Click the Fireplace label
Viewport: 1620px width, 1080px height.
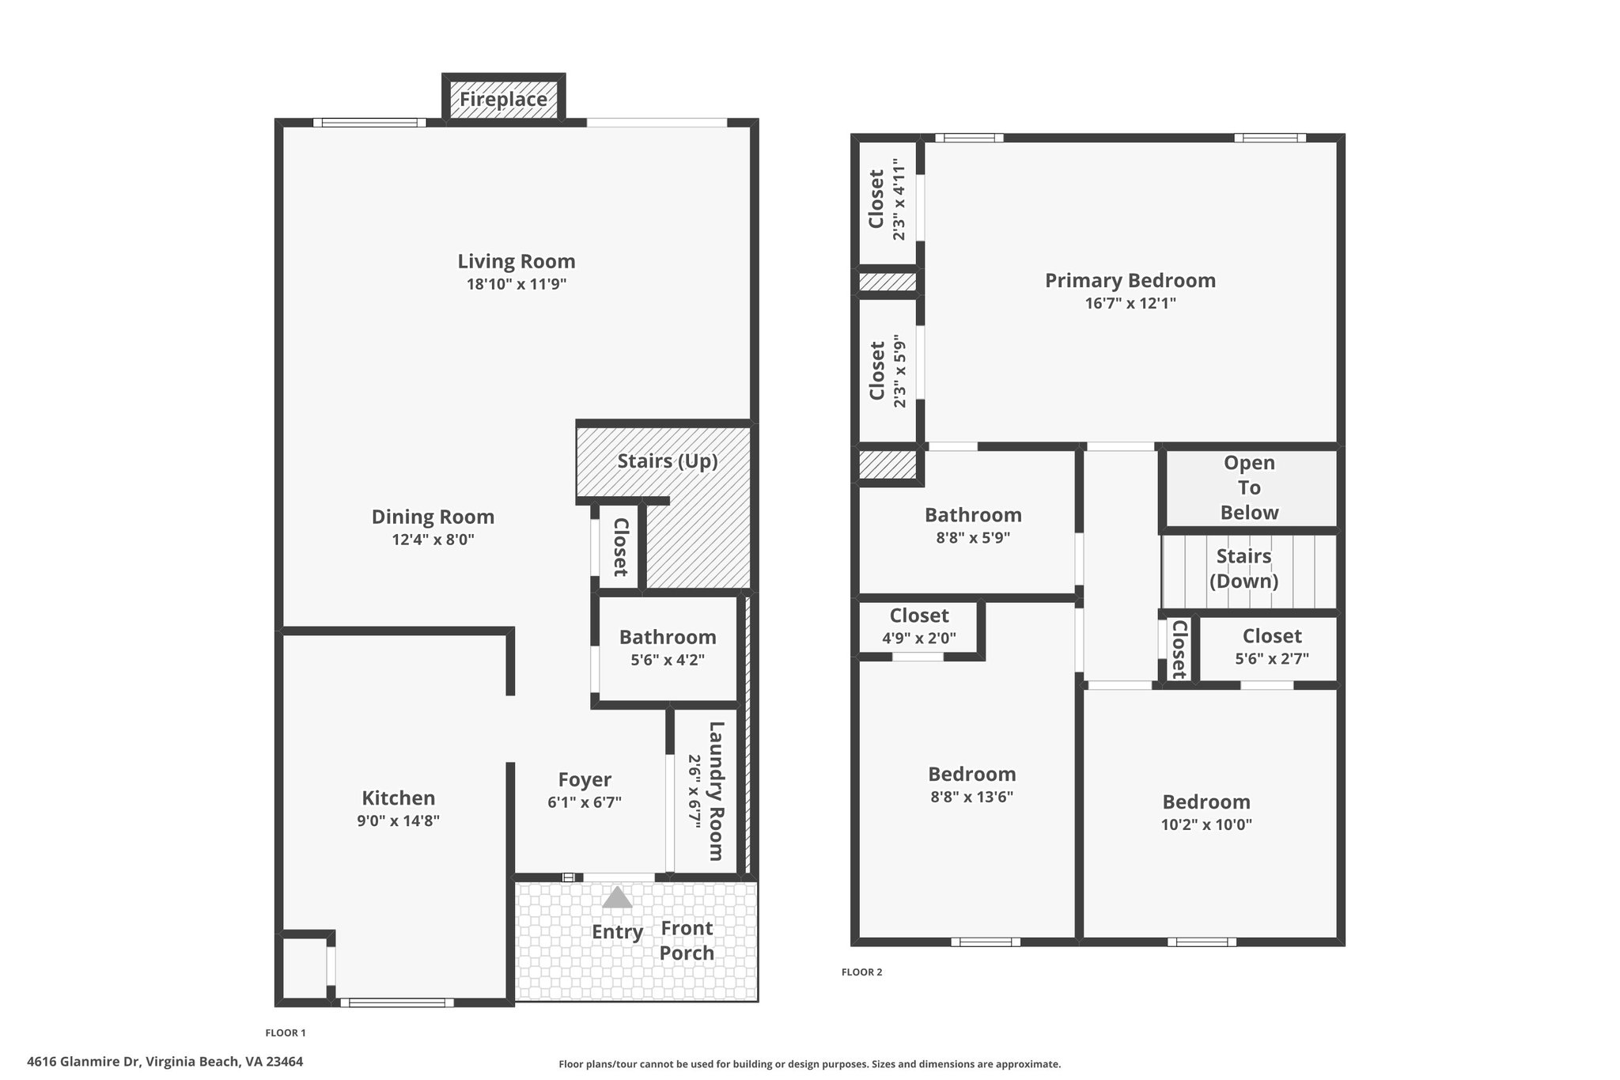pyautogui.click(x=503, y=100)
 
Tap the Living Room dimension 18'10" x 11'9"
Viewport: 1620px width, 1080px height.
pyautogui.click(x=517, y=284)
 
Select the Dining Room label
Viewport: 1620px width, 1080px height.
pyautogui.click(x=433, y=517)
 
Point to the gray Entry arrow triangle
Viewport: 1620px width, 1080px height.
pyautogui.click(x=617, y=896)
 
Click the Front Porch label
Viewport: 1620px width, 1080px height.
pyautogui.click(x=687, y=941)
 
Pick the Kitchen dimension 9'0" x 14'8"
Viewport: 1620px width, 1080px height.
pyautogui.click(x=398, y=820)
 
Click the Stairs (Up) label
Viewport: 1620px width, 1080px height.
pyautogui.click(x=668, y=461)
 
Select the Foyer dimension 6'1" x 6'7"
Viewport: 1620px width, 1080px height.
pyautogui.click(x=585, y=802)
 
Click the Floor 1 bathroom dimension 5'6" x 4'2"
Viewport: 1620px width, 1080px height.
pyautogui.click(x=668, y=659)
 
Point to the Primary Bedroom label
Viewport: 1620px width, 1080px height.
pyautogui.click(x=1130, y=281)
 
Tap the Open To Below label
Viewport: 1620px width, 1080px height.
pyautogui.click(x=1249, y=487)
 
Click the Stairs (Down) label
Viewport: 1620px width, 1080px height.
pyautogui.click(x=1244, y=569)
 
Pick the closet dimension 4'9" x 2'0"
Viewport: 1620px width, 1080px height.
pyautogui.click(x=919, y=638)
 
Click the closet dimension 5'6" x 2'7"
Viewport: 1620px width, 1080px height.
pyautogui.click(x=1272, y=658)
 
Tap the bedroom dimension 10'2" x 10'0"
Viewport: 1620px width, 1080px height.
pyautogui.click(x=1206, y=824)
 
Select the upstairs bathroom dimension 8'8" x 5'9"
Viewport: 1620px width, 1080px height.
pyautogui.click(x=973, y=538)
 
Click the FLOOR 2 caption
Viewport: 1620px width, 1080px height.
pyautogui.click(x=861, y=972)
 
